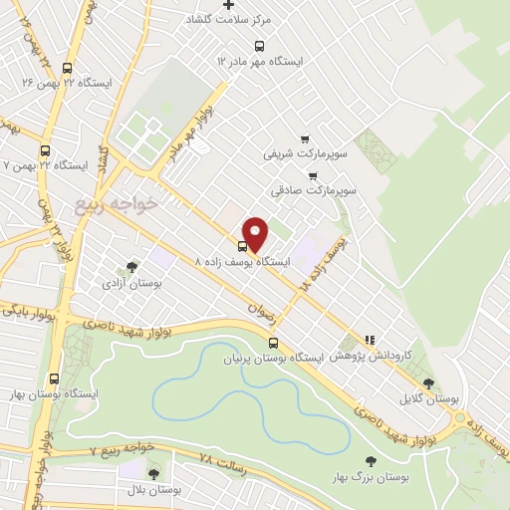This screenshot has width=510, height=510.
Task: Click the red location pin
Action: (256, 234)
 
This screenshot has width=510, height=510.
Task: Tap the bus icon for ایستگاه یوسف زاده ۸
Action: (242, 246)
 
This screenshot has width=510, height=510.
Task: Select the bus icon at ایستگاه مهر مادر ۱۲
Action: (260, 46)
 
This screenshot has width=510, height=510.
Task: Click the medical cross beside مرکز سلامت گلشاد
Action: (229, 5)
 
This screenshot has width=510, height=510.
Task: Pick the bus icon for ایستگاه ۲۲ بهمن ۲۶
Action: (67, 69)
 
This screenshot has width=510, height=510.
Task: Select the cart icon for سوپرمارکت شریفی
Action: (305, 140)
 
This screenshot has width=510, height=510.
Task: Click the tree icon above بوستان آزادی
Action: (131, 267)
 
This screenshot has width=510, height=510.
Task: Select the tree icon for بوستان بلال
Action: (153, 472)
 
